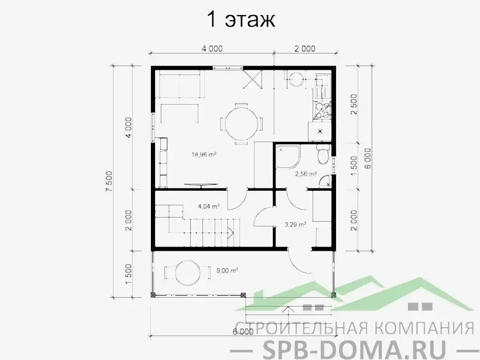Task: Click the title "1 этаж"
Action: coord(240,21)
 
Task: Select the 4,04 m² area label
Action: coord(210,206)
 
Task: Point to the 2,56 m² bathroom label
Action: coord(306,174)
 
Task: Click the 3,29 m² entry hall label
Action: coord(295,225)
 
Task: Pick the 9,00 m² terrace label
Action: coord(227,270)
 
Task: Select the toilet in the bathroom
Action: coord(323,155)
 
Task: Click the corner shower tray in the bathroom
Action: coord(287,157)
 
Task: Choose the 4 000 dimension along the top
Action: coord(212,48)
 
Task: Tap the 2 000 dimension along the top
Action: coord(305,48)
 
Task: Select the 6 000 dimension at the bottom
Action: coord(243,332)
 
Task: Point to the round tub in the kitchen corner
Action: coord(296,79)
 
